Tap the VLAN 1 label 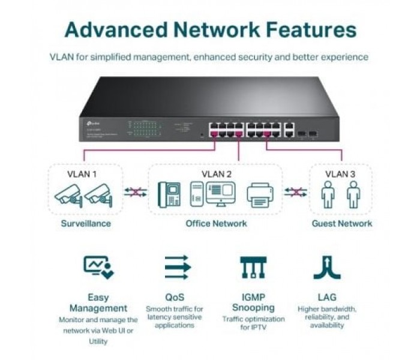(x=83, y=175)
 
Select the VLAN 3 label (x=340, y=175)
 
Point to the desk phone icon (x=169, y=194)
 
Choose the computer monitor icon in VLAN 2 (x=221, y=193)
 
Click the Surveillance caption (x=86, y=223)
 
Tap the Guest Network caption (x=341, y=223)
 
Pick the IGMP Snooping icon (x=253, y=267)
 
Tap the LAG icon (x=327, y=267)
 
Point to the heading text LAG (x=327, y=297)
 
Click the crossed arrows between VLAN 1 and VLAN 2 (x=136, y=192)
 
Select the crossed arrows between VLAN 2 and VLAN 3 (x=295, y=192)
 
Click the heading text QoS (x=175, y=297)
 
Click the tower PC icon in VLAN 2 (x=196, y=194)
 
